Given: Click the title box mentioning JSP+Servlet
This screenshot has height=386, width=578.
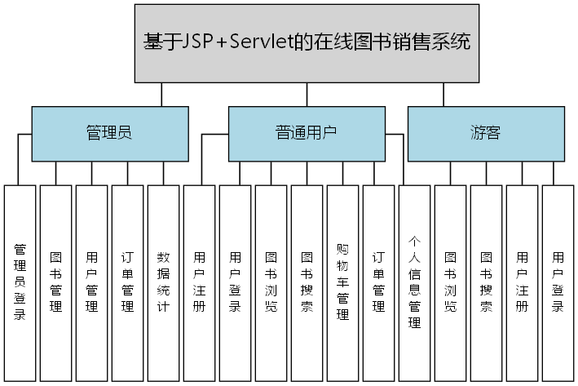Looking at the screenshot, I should (307, 43).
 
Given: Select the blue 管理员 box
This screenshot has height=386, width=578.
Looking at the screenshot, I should (109, 133).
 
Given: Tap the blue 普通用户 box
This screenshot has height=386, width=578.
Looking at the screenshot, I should (307, 133).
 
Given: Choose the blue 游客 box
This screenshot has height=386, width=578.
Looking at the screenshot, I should (486, 133).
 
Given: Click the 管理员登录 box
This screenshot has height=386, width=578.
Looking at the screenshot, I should (20, 282).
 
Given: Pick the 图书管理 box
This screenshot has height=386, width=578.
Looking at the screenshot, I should (56, 282).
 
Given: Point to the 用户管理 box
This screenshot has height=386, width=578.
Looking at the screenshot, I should (92, 282).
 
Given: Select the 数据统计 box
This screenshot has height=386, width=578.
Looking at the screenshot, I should (163, 282).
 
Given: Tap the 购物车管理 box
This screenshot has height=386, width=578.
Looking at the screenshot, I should (342, 282).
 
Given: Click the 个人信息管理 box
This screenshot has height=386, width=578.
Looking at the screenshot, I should (414, 282).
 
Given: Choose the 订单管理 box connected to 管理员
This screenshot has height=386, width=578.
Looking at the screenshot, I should (127, 282).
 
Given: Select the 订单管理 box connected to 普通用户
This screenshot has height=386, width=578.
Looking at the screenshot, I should (378, 282).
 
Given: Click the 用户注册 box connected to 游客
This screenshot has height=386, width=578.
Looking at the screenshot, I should (522, 282).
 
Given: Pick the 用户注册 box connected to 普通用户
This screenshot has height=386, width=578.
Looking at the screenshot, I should (199, 282).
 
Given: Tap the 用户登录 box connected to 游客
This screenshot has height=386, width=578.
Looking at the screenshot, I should (558, 282).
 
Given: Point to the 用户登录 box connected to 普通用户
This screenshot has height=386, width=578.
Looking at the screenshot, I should (235, 282).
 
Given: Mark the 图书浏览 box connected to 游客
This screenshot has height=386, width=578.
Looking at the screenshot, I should (450, 282).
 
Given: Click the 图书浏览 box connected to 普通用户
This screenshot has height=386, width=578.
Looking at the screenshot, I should (271, 282).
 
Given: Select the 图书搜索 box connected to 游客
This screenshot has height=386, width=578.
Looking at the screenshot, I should (486, 282).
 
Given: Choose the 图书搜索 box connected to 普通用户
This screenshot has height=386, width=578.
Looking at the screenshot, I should (307, 282).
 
